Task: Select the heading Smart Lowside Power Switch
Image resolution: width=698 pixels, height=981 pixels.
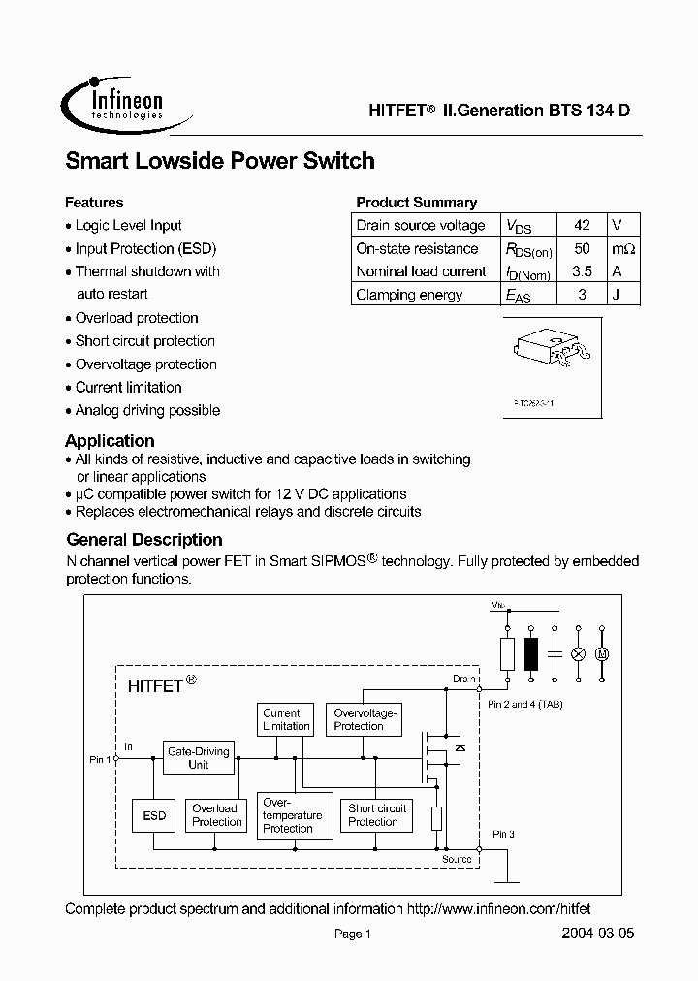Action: (220, 161)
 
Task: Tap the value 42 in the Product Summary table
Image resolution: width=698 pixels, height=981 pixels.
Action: (582, 225)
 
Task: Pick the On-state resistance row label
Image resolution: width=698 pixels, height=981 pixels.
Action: (417, 248)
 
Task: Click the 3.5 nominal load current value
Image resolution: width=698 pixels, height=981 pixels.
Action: (582, 271)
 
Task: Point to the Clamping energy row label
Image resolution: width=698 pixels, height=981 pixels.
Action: (409, 295)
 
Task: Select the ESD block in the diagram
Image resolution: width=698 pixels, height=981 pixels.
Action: (154, 815)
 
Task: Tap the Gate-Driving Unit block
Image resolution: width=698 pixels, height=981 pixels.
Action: (198, 757)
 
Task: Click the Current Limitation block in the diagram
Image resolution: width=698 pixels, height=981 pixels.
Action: (286, 719)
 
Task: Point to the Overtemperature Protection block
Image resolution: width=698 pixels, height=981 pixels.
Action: (292, 815)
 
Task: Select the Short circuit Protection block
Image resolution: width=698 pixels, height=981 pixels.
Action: (377, 814)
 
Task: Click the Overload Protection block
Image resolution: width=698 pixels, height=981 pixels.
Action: (215, 815)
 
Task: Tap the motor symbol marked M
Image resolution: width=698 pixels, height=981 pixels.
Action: (601, 654)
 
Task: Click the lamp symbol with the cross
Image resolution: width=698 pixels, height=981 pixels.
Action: (579, 654)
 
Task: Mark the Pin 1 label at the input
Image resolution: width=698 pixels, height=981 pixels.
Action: (100, 760)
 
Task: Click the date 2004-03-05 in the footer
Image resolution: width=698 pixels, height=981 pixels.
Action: (598, 934)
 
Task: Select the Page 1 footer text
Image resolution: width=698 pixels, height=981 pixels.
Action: (353, 934)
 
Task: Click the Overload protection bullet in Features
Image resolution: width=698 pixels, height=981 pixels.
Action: (137, 318)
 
